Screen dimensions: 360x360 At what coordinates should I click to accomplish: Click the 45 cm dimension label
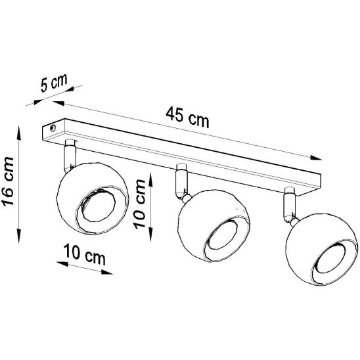[187, 118]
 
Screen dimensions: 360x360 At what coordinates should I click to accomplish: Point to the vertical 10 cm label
[139, 204]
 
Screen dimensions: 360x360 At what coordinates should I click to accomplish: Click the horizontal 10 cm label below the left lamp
[85, 254]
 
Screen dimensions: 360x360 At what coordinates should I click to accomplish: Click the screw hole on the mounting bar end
[53, 128]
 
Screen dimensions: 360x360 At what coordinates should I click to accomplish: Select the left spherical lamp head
[92, 198]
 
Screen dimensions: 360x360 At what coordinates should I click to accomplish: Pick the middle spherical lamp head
[214, 225]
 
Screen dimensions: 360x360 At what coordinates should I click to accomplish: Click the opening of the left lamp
[99, 205]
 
